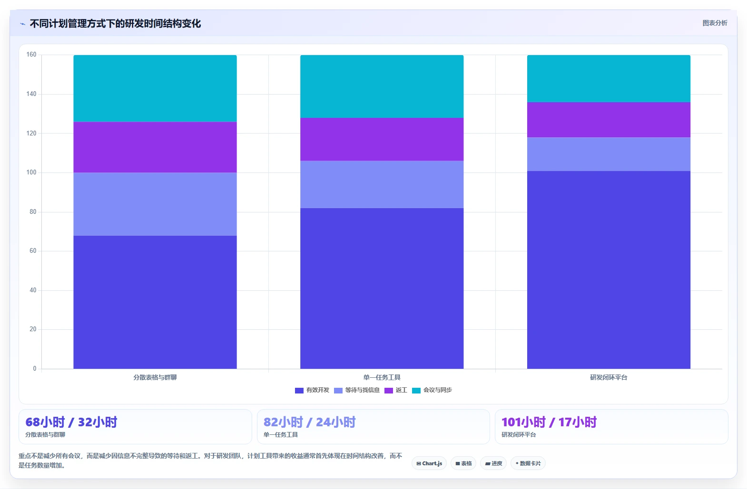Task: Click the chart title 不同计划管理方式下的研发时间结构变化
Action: pos(116,24)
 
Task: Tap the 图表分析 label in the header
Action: pos(715,23)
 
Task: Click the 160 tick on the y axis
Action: pos(31,55)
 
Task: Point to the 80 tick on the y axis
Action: pos(33,212)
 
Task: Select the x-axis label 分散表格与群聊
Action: pos(155,377)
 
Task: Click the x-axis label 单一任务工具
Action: pos(382,377)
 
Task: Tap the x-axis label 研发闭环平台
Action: pos(609,377)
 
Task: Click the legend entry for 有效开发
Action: pos(312,390)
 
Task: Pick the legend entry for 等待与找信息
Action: pos(357,390)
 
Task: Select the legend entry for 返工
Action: pos(396,390)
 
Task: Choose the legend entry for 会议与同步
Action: pos(432,390)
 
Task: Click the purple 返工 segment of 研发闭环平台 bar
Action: pos(609,120)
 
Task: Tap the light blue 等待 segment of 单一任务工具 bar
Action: pos(382,184)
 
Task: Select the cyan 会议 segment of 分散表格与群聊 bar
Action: pos(155,88)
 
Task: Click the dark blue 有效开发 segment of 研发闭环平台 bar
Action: pos(609,270)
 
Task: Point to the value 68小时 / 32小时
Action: pos(71,422)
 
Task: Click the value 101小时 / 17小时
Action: pos(549,422)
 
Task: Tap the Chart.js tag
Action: pos(429,463)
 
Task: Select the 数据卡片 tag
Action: pos(528,463)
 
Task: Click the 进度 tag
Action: pos(493,463)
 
